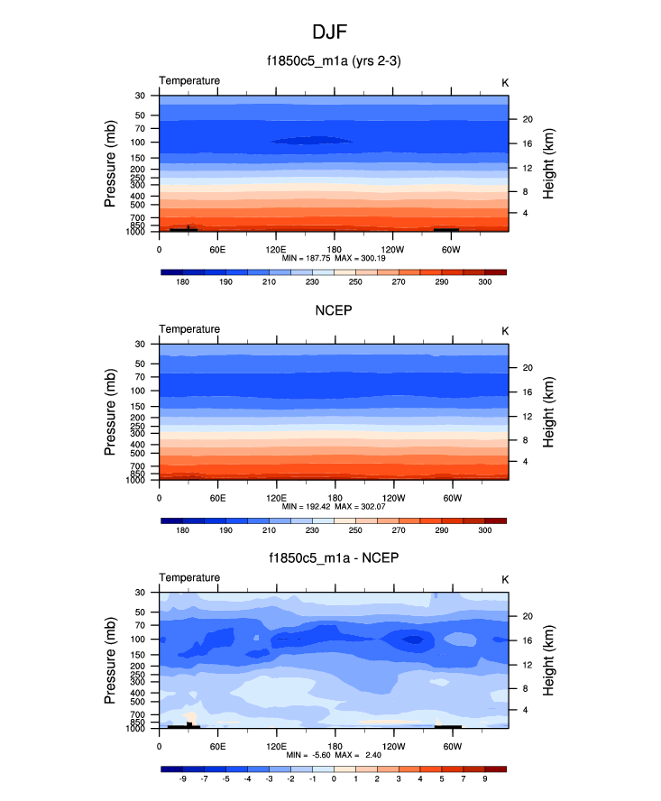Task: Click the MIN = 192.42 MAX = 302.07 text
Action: click(333, 507)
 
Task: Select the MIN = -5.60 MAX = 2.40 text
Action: click(333, 755)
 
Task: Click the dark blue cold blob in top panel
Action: click(311, 141)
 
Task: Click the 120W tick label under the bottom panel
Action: click(393, 746)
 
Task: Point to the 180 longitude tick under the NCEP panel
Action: click(334, 497)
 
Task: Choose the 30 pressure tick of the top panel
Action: click(141, 96)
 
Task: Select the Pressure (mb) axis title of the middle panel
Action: click(111, 411)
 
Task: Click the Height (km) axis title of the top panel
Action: click(548, 163)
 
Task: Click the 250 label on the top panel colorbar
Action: click(355, 282)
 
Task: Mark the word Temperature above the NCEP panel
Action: click(189, 329)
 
